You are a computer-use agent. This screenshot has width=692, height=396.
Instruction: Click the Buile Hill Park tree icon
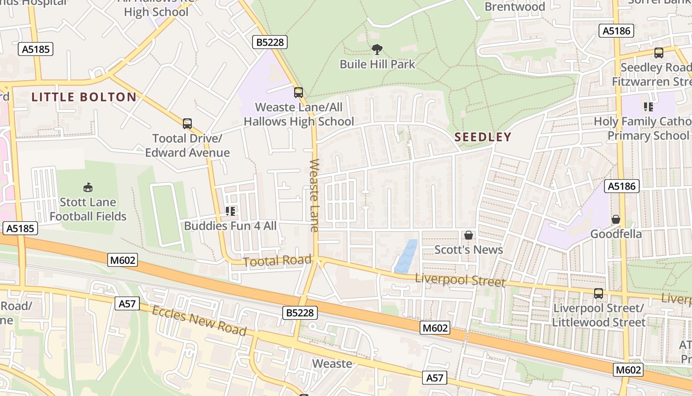tap(377, 49)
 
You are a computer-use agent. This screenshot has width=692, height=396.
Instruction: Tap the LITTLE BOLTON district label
tap(84, 97)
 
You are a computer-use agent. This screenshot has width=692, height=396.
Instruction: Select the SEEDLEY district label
tap(482, 137)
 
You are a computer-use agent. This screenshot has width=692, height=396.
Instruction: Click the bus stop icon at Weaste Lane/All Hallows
tap(298, 92)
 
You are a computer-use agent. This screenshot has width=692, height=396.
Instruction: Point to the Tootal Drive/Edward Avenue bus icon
tap(187, 124)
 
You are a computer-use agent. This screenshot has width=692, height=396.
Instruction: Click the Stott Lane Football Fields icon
tap(88, 187)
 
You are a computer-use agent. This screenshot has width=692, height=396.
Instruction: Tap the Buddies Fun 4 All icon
tap(230, 211)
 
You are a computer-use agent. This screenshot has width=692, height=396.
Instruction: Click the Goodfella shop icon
tap(616, 219)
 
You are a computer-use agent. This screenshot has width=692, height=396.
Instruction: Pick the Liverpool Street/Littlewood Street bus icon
tap(599, 294)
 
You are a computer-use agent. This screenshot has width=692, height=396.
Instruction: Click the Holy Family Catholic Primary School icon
tap(649, 106)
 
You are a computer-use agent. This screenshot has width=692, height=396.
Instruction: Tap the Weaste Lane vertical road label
tap(314, 195)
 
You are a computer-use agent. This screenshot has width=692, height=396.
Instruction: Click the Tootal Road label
tap(278, 261)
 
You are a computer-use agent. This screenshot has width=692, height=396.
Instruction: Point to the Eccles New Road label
tap(199, 320)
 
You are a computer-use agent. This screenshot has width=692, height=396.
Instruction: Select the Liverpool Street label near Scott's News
tap(460, 280)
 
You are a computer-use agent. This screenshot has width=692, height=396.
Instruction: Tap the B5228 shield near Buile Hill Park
tap(270, 42)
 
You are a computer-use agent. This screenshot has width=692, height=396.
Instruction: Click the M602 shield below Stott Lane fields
tap(122, 260)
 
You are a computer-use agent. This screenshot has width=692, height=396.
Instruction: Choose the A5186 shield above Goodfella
tap(622, 186)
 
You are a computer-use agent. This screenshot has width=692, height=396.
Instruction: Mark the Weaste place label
tap(333, 364)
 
